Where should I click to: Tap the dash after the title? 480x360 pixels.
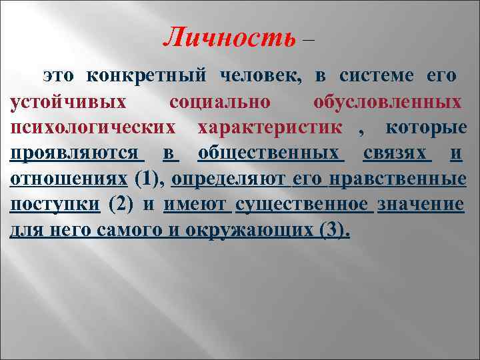pyautogui.click(x=307, y=39)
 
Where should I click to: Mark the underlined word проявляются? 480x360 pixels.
pyautogui.click(x=75, y=153)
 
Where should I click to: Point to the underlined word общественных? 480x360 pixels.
pyautogui.click(x=271, y=153)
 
